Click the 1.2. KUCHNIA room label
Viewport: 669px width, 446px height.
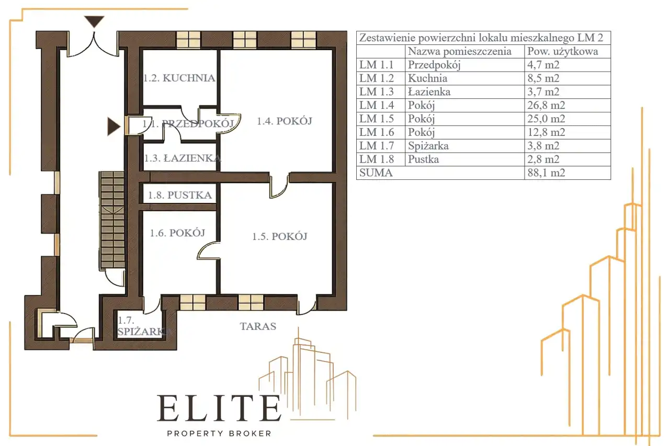pos(179,78)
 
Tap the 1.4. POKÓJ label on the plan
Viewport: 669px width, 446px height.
pos(285,121)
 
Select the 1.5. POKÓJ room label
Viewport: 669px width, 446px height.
pos(279,236)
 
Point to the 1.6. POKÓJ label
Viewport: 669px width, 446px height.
pos(177,233)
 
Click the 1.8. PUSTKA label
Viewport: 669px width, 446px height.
pos(180,195)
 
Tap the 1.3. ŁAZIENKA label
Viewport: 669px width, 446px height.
pos(183,158)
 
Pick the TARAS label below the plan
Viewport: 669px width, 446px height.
pos(258,326)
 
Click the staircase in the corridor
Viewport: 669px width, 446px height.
pos(112,220)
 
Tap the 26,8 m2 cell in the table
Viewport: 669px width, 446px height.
pos(546,105)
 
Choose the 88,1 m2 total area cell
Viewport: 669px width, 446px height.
pos(546,173)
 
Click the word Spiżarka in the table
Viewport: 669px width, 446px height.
pos(428,146)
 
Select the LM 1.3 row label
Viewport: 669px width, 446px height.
pos(377,92)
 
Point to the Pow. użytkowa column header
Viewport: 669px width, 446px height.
pos(563,51)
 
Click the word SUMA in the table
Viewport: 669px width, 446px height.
pos(376,173)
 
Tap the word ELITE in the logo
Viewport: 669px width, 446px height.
pos(219,408)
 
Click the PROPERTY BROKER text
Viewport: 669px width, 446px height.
pos(219,433)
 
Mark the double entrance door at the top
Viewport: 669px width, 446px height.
pos(94,44)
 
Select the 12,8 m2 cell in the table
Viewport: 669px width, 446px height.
pos(546,132)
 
